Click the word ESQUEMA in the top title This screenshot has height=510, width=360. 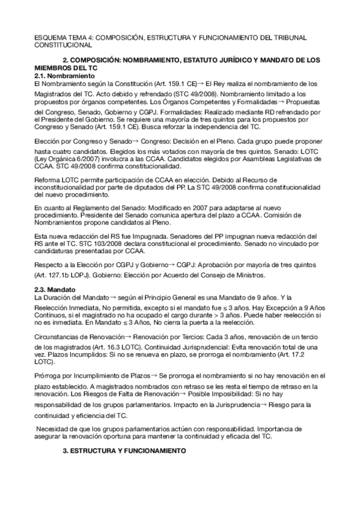pyautogui.click(x=49, y=37)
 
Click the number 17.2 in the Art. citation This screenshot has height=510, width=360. pyautogui.click(x=313, y=356)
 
